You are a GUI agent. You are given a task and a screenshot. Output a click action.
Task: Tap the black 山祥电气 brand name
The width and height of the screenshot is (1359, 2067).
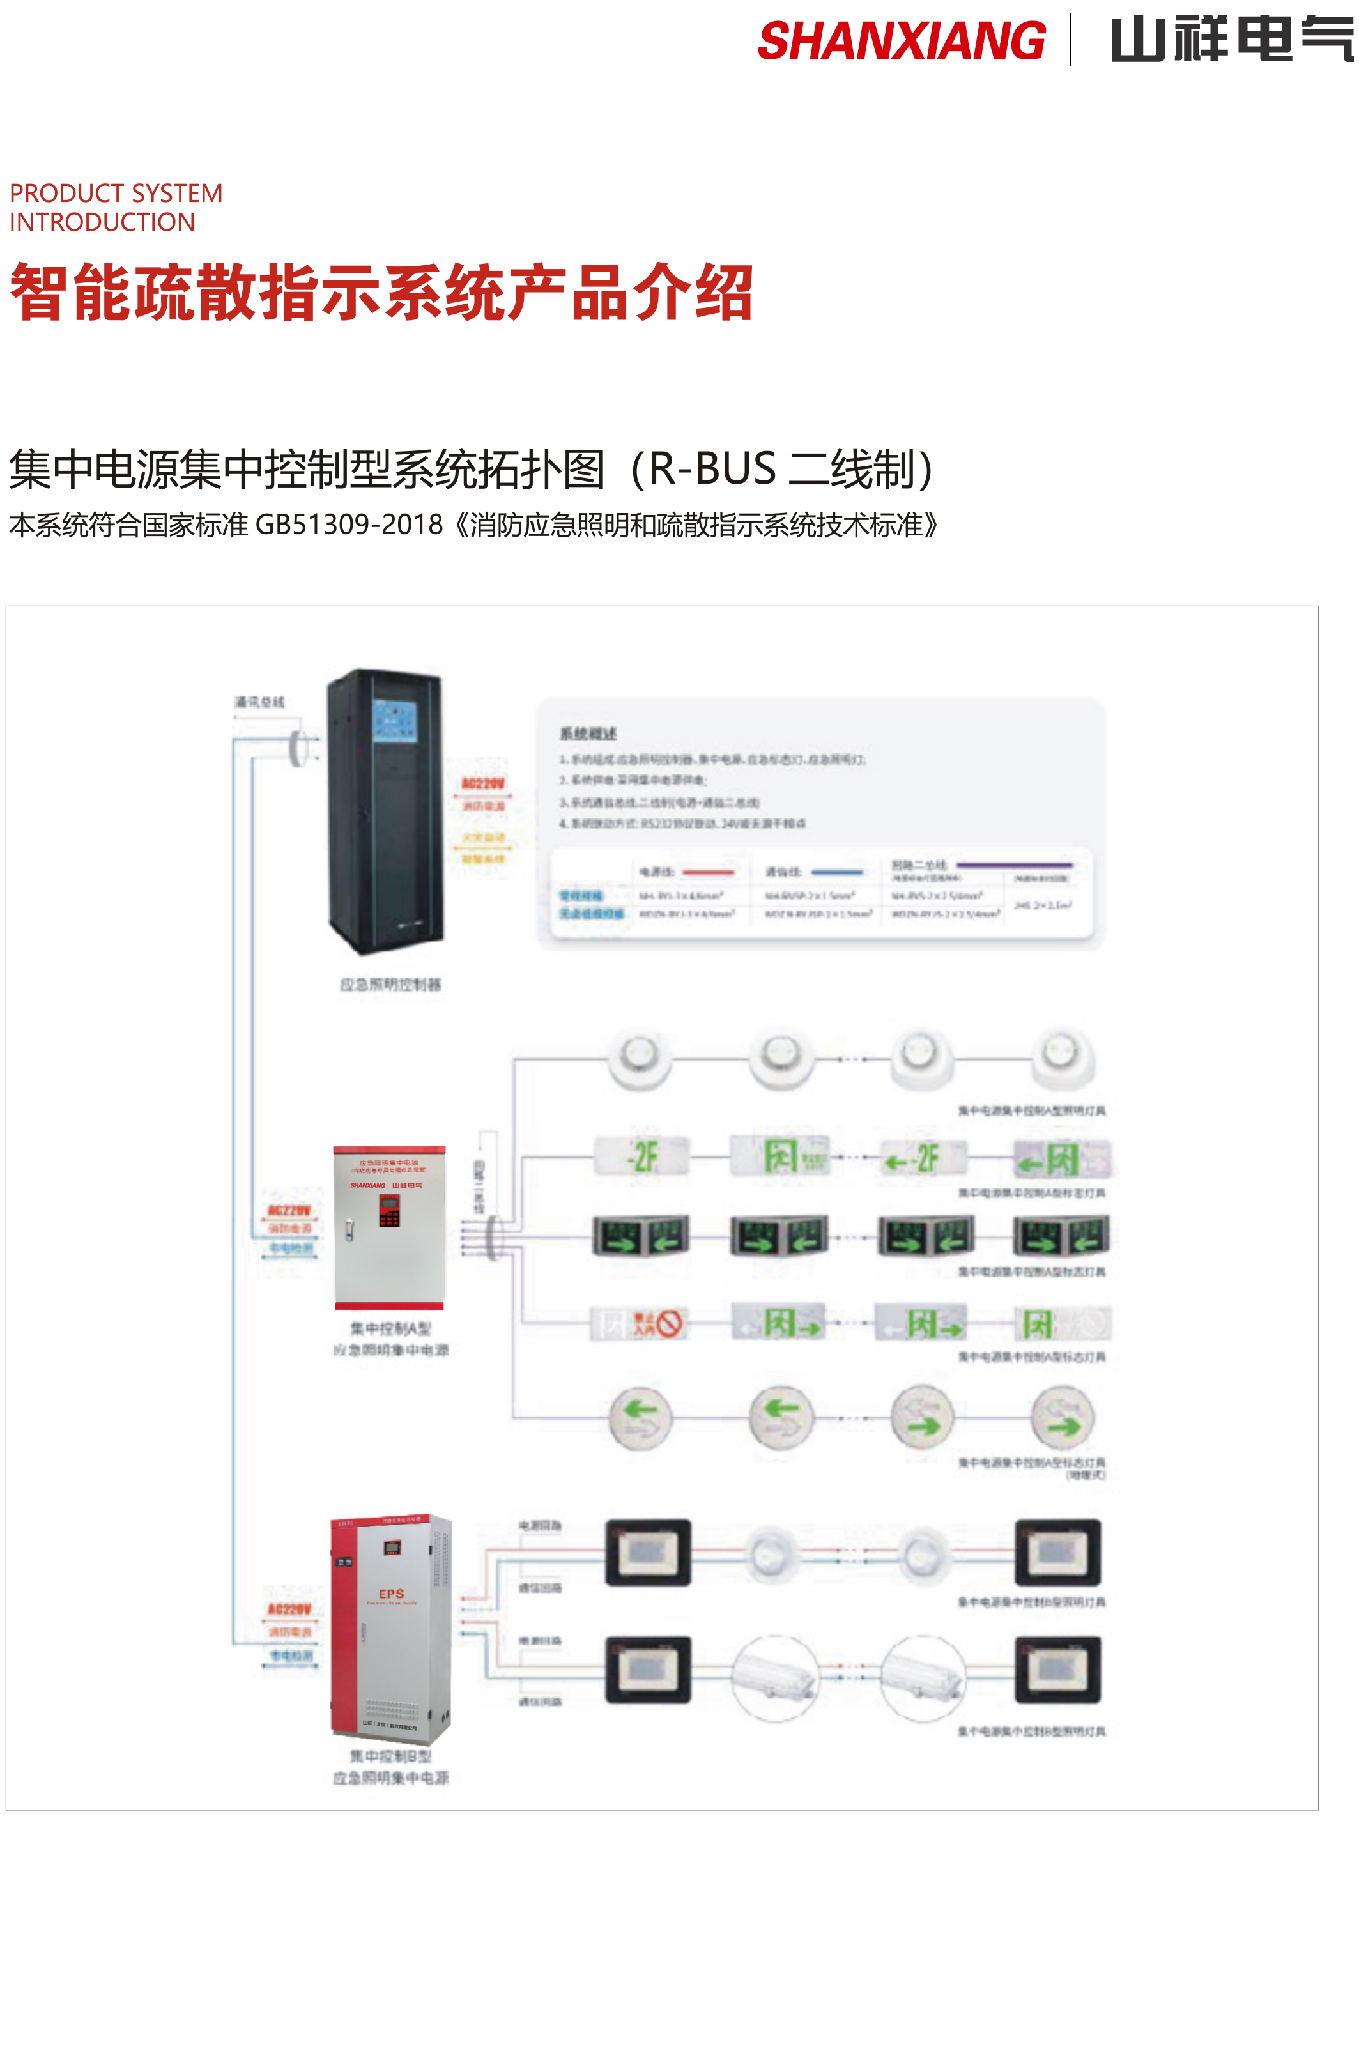pyautogui.click(x=1231, y=41)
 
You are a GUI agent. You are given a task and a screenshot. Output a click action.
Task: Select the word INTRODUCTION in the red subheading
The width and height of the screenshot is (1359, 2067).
pyautogui.click(x=102, y=222)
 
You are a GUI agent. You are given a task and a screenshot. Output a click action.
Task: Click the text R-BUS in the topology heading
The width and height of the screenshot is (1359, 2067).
pyautogui.click(x=712, y=469)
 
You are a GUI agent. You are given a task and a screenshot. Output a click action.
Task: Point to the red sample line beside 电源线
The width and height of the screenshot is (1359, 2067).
pyautogui.click(x=709, y=871)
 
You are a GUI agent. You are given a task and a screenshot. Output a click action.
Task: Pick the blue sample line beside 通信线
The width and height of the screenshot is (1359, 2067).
pyautogui.click(x=836, y=871)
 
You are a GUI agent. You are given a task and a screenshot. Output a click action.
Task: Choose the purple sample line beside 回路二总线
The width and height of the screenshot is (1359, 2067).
pyautogui.click(x=1013, y=865)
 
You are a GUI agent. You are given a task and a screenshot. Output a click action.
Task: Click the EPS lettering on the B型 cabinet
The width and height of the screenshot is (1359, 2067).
pyautogui.click(x=391, y=1594)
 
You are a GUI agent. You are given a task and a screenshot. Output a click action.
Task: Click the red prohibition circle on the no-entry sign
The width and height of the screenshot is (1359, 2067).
pyautogui.click(x=669, y=1323)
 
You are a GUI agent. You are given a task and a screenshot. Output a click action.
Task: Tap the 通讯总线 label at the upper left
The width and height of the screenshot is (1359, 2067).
pyautogui.click(x=259, y=702)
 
